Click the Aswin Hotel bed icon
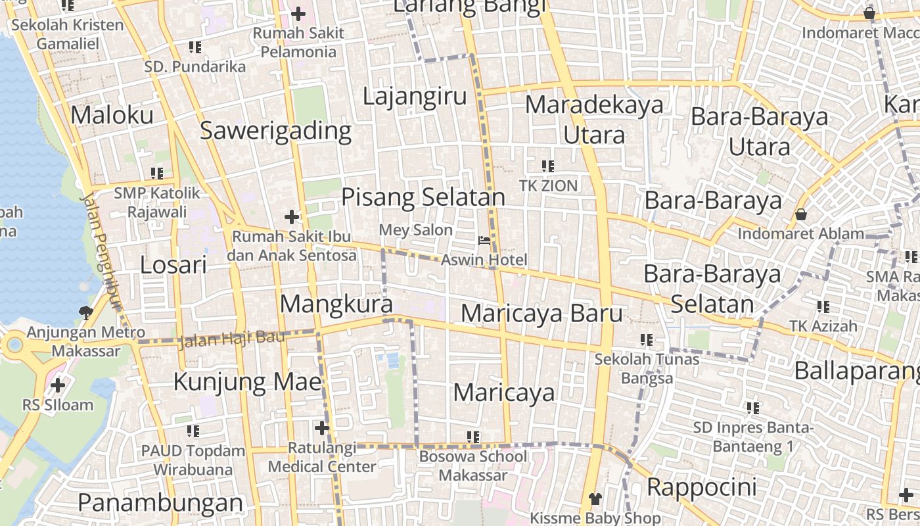point(484,241)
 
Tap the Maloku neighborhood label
point(112,115)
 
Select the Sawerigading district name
point(275,131)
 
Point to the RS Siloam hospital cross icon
point(58,385)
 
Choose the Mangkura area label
point(336,304)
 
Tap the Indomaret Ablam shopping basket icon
point(800,214)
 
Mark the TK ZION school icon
point(547,166)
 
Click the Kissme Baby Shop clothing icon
point(595,499)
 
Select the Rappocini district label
point(702,488)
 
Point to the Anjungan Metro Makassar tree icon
point(85,312)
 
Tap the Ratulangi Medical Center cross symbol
point(321,429)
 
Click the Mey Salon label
point(416,230)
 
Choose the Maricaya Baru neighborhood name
point(541,314)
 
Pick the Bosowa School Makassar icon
point(472,437)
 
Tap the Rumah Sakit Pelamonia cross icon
point(298,13)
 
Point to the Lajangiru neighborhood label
point(415,97)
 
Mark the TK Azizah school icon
point(823,306)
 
